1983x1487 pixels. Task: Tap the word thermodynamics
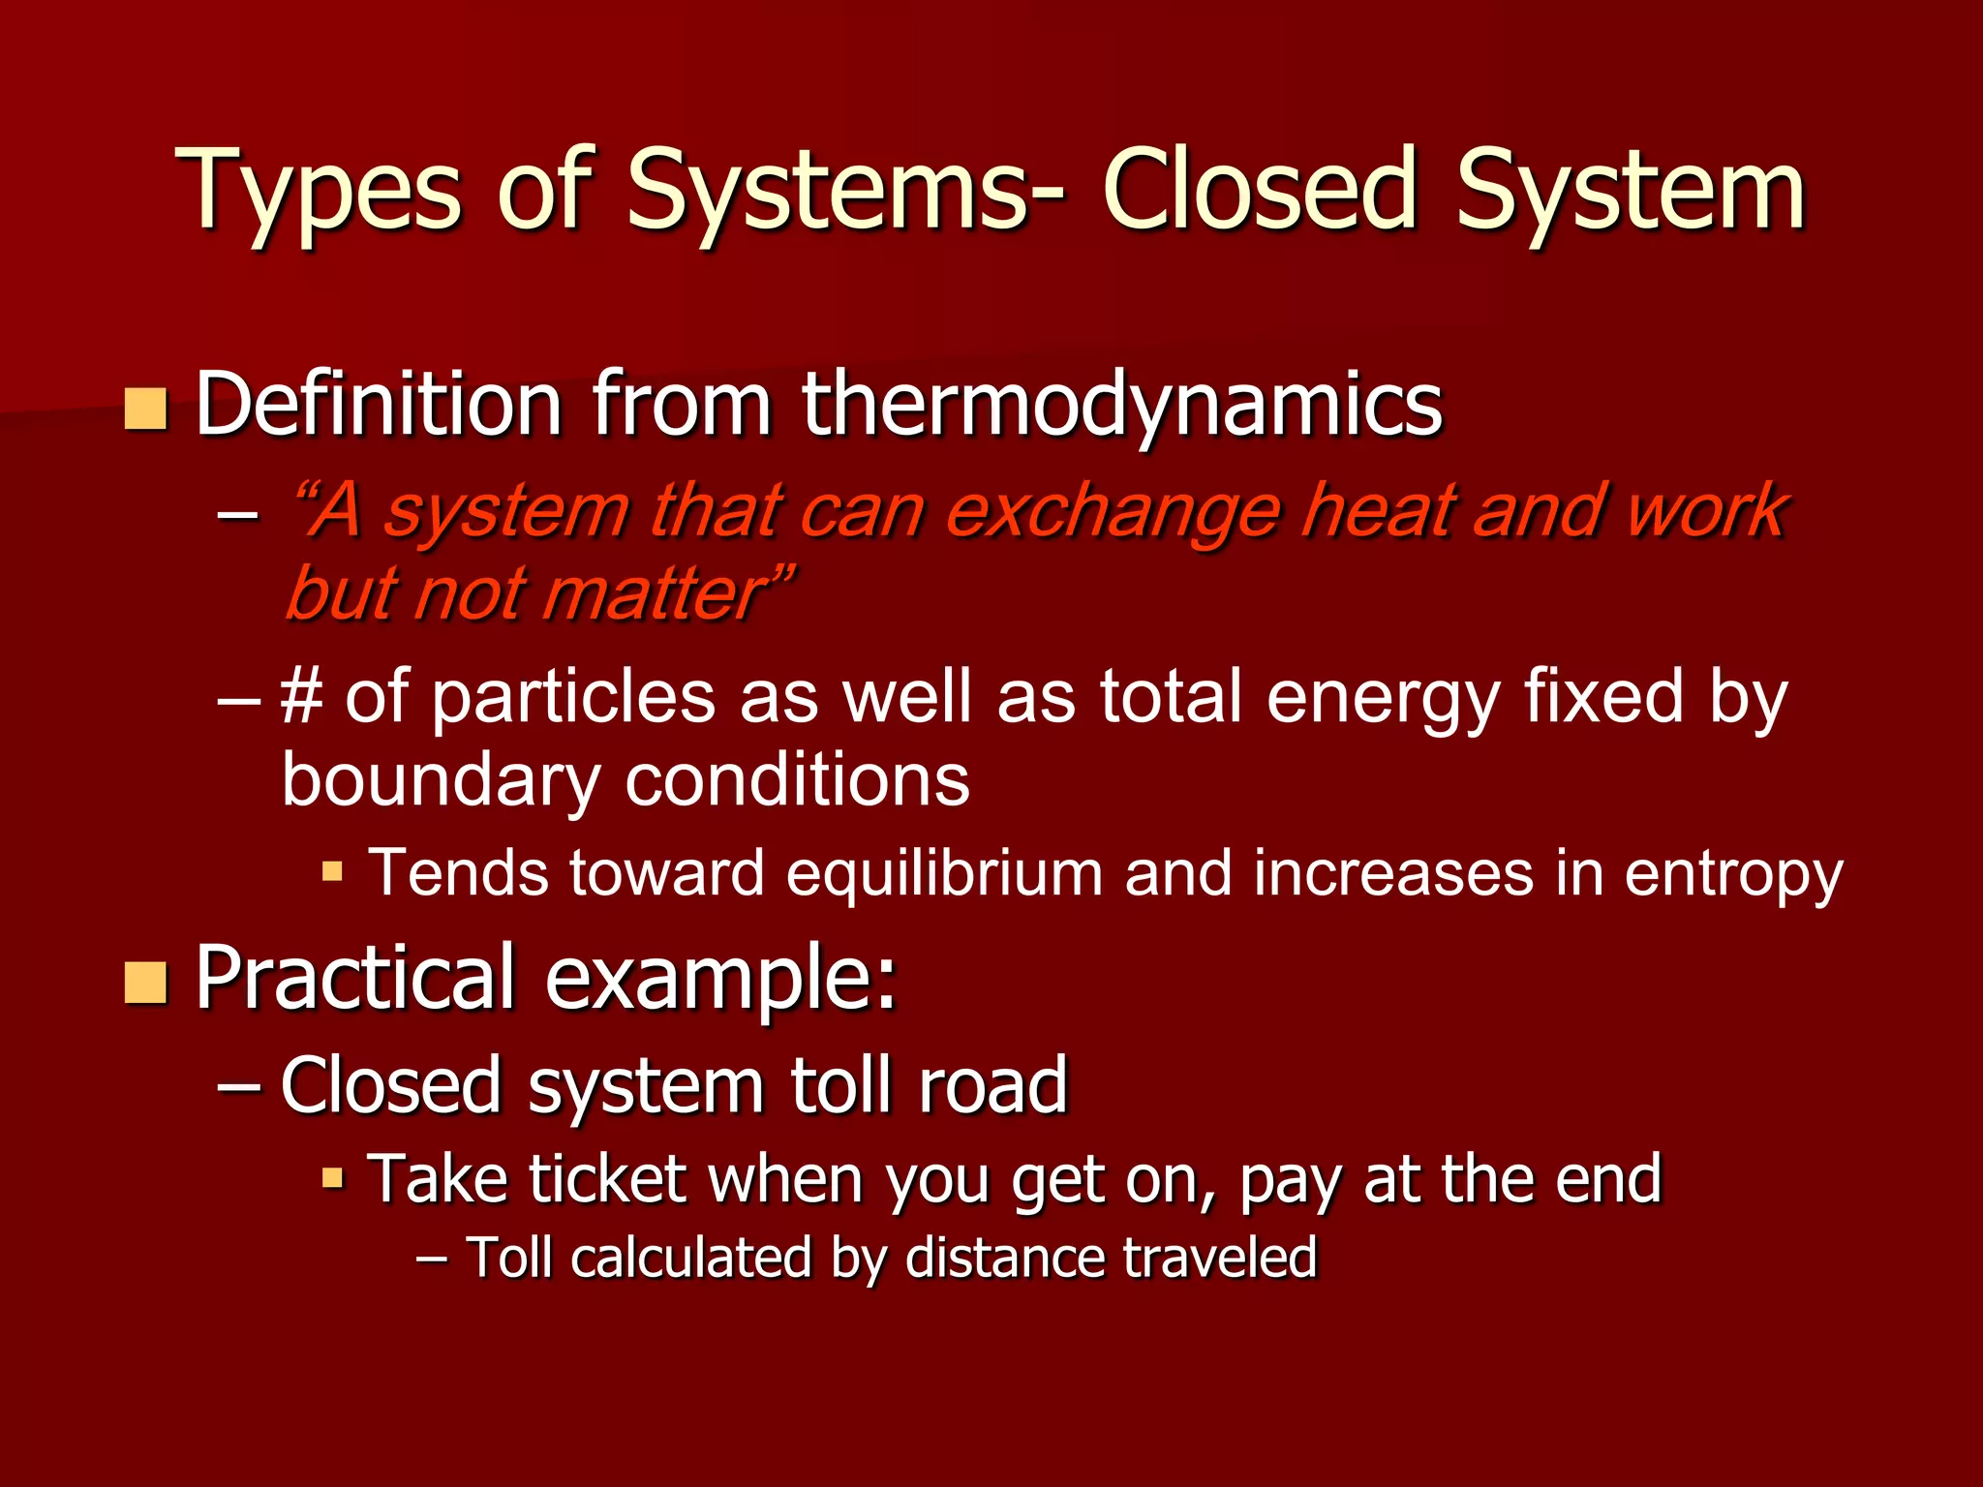1122,405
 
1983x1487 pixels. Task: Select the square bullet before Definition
146,409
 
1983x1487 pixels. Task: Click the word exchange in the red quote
1113,512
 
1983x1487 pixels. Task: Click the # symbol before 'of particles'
301,697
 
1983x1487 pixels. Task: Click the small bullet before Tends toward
332,871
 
